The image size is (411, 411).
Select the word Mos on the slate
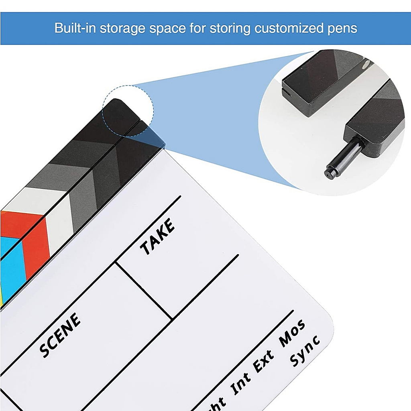[x=293, y=333]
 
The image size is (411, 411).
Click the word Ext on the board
[x=264, y=361]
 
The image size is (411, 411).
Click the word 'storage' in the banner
[x=123, y=29]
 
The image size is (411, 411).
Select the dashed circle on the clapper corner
[x=128, y=111]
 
